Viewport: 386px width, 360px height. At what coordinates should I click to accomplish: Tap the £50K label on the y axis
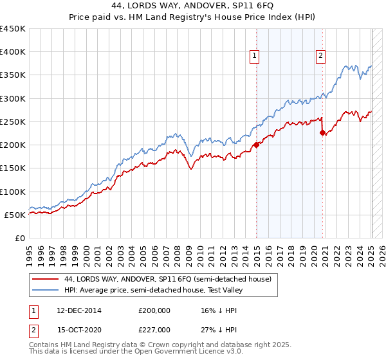(x=15, y=215)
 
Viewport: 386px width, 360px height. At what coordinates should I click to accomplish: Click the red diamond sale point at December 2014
(x=256, y=145)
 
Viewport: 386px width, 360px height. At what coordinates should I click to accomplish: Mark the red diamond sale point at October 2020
(x=322, y=133)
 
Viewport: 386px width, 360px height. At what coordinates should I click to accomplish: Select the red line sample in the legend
(x=45, y=280)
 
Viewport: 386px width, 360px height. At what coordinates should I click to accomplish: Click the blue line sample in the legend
(x=45, y=289)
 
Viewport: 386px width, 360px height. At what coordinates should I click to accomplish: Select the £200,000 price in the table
(x=155, y=310)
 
